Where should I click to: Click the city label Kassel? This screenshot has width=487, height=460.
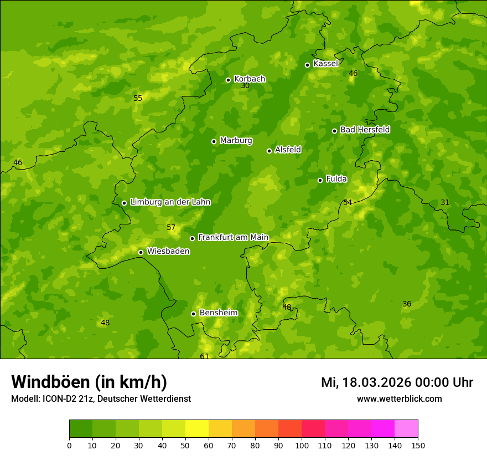pyautogui.click(x=325, y=64)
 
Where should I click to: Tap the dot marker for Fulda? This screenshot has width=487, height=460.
pyautogui.click(x=320, y=180)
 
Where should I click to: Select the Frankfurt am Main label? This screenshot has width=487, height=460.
pyautogui.click(x=233, y=237)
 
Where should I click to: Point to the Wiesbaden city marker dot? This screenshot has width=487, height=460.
pyautogui.click(x=141, y=252)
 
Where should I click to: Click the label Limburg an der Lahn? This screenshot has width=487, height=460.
pyautogui.click(x=170, y=202)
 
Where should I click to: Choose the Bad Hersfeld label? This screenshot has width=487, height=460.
pyautogui.click(x=365, y=130)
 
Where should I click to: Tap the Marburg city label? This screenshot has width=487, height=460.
pyautogui.click(x=236, y=141)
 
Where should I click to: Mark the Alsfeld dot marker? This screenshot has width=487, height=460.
pyautogui.click(x=269, y=151)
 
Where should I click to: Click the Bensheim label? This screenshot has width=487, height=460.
pyautogui.click(x=218, y=313)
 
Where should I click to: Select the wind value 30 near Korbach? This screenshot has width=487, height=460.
pyautogui.click(x=245, y=86)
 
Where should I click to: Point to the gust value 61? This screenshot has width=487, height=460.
pyautogui.click(x=204, y=356)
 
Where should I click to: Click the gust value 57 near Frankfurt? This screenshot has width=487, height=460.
pyautogui.click(x=171, y=228)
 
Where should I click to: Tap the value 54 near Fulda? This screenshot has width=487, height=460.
pyautogui.click(x=348, y=203)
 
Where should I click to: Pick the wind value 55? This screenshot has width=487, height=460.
pyautogui.click(x=138, y=99)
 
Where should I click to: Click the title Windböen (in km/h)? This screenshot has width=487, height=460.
pyautogui.click(x=89, y=382)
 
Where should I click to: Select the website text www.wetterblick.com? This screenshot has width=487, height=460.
pyautogui.click(x=399, y=399)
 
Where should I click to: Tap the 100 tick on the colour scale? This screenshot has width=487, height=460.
pyautogui.click(x=302, y=445)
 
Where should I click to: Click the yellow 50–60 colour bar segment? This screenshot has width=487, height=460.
pyautogui.click(x=197, y=429)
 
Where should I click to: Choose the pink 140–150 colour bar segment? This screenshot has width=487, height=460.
pyautogui.click(x=406, y=429)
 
